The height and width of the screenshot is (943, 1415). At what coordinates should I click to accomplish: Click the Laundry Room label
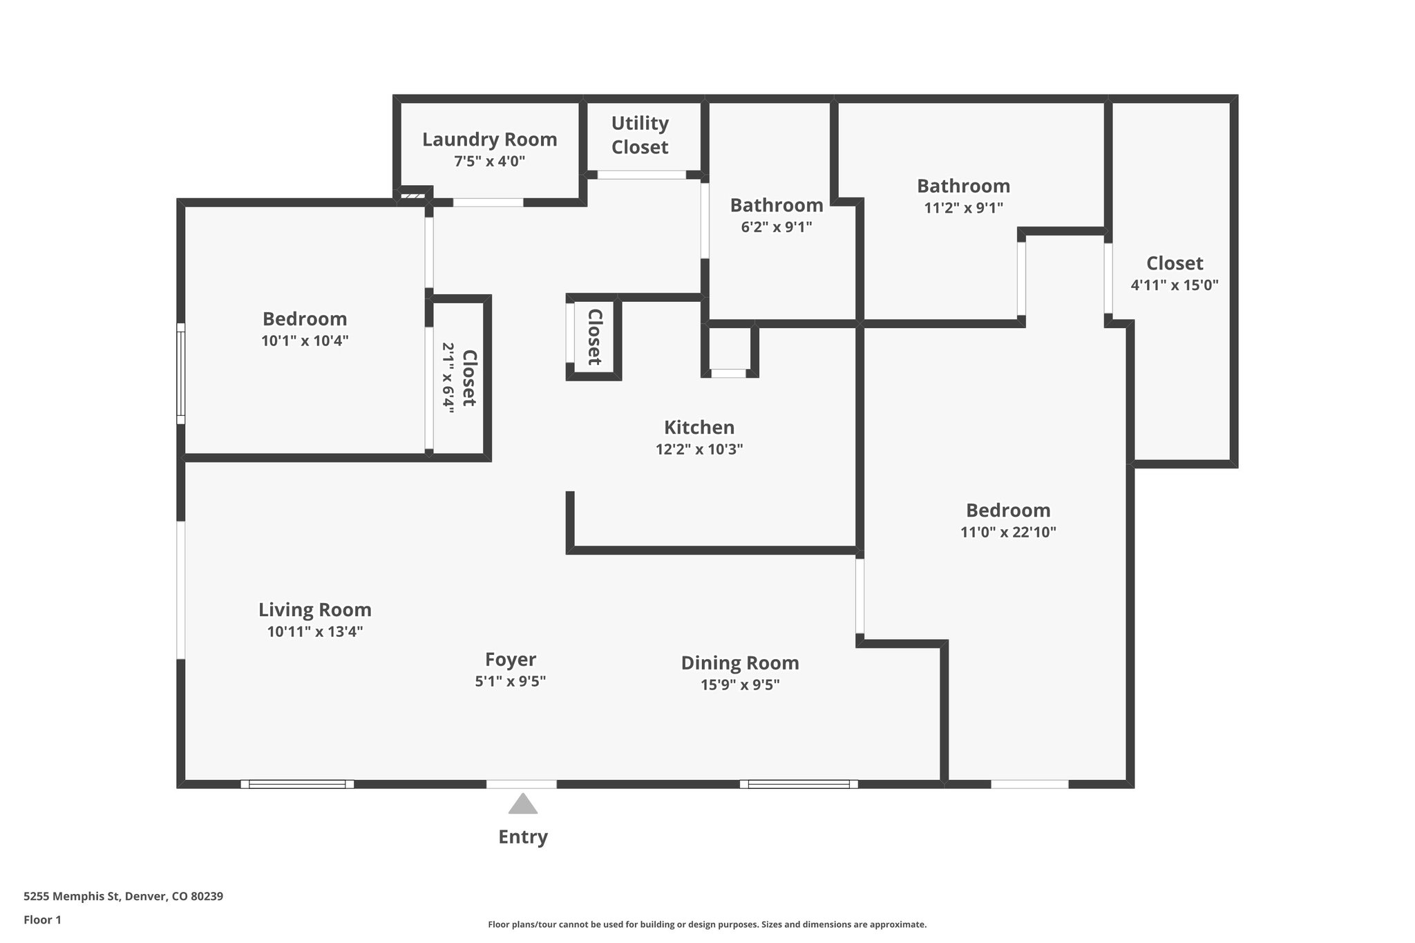point(489,140)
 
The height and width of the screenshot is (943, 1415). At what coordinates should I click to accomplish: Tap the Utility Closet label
point(640,135)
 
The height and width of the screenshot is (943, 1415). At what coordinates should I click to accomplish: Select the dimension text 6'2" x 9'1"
point(776,227)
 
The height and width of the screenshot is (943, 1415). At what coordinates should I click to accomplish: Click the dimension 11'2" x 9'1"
point(963,207)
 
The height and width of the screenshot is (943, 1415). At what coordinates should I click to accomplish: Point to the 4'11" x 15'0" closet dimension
point(1174,285)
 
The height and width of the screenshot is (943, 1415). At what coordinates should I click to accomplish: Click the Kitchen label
point(699,427)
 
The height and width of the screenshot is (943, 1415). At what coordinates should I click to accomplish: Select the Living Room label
point(315,610)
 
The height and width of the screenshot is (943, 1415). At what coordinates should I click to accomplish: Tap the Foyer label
point(510,660)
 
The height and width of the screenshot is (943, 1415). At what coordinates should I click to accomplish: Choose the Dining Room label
point(740,663)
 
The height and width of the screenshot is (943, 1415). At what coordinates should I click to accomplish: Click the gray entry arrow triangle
point(523,805)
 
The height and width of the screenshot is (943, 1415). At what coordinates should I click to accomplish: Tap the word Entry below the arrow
point(523,837)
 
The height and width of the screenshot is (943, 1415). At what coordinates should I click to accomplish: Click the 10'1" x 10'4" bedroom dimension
point(305,341)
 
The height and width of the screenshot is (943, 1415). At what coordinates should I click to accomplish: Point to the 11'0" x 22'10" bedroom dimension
point(1008,532)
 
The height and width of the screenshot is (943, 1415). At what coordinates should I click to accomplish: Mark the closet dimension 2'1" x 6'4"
point(449,378)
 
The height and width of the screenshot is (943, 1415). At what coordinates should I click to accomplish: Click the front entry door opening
point(522,784)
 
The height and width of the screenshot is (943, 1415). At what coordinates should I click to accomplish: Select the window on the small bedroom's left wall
point(181,373)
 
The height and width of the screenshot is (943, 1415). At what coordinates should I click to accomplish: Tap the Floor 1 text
point(42,920)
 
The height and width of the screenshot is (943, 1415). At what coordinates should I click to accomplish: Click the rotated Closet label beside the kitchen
point(594,337)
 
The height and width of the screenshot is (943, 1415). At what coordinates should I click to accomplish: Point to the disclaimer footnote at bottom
point(707,924)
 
